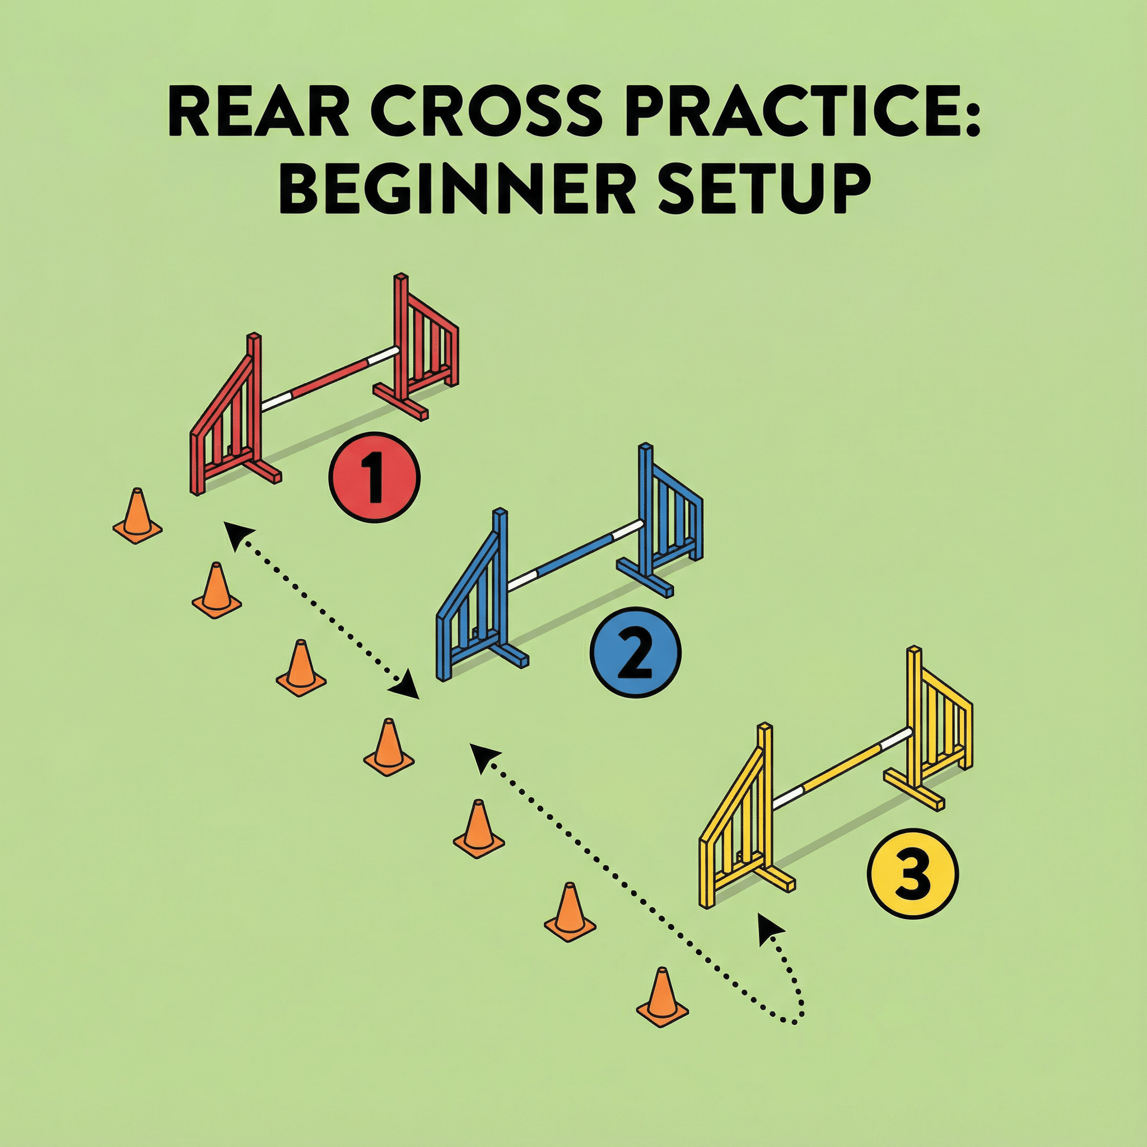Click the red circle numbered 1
(374, 476)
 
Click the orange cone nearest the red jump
(137, 516)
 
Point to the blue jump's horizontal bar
(575, 553)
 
